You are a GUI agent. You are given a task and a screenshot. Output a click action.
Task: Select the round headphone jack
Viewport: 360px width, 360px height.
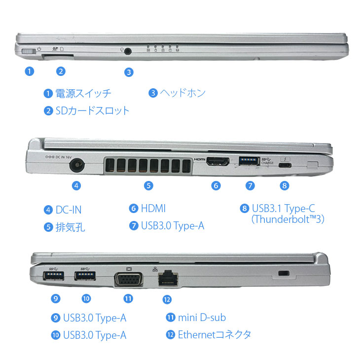click(129, 50)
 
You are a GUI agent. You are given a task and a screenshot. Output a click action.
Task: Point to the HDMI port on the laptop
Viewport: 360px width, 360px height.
click(216, 161)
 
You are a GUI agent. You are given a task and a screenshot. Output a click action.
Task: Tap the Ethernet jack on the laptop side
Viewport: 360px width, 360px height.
click(167, 278)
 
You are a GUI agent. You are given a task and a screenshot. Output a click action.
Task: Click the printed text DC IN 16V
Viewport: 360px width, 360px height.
click(58, 157)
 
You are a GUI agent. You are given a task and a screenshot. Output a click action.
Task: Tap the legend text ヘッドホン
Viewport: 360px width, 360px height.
click(182, 93)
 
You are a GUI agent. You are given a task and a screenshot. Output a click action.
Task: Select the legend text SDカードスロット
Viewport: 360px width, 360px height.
click(92, 110)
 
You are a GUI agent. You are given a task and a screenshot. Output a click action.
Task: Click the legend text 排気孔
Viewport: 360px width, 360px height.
click(71, 227)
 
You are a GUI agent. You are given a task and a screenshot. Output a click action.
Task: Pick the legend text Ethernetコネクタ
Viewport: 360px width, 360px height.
click(215, 334)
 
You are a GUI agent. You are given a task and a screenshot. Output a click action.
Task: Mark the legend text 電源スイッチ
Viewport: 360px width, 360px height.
click(83, 93)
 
